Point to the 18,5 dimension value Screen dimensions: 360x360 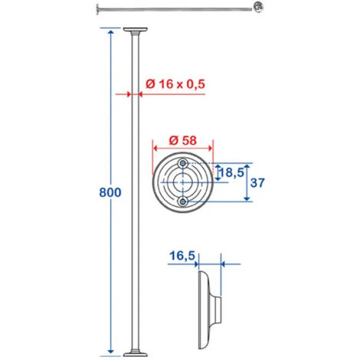[232, 173]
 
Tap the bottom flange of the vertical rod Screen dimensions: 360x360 [135, 353]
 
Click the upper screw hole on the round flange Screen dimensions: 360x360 [182, 164]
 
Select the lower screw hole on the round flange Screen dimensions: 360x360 [182, 201]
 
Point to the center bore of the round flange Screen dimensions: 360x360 [182, 182]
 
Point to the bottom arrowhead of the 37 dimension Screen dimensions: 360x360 [247, 198]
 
